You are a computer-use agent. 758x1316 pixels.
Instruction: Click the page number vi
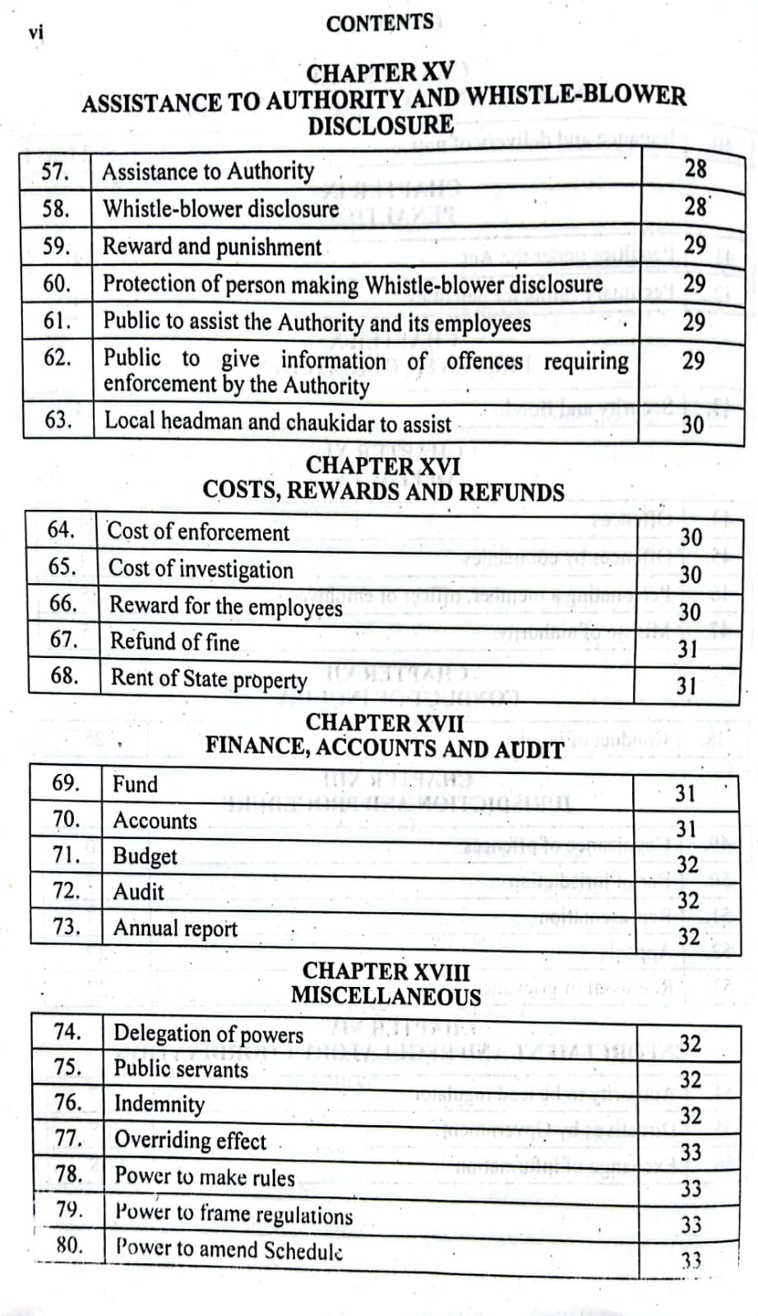coord(35,33)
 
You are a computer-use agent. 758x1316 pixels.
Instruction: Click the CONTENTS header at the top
coord(379,23)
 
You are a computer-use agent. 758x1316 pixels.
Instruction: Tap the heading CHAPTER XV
coord(379,72)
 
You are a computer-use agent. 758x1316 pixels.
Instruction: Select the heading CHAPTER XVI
coord(383,466)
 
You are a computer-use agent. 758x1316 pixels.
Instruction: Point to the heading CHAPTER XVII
coord(384,723)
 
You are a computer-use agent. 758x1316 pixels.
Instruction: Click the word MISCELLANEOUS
coord(386,996)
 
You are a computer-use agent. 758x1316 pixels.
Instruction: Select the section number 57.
coord(55,172)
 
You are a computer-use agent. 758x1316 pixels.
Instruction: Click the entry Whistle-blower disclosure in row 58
coord(220,209)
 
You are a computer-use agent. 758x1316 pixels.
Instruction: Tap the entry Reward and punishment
coord(212,247)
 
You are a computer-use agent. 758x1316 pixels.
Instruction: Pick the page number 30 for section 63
coord(692,424)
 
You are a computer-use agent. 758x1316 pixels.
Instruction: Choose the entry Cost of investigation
coord(201,569)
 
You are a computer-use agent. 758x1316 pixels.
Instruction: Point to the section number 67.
coord(63,639)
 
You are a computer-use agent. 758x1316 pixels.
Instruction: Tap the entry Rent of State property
coord(209,679)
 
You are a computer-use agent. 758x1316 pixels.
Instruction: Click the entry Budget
coord(145,856)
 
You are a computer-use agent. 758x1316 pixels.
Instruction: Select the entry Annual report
coord(175,929)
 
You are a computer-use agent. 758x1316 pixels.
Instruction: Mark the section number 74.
coord(67,1031)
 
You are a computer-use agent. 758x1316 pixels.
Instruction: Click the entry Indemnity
coord(159,1104)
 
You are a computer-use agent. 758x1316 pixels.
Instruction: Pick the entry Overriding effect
coord(190,1140)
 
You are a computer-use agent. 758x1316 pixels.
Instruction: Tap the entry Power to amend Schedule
coord(229,1249)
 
